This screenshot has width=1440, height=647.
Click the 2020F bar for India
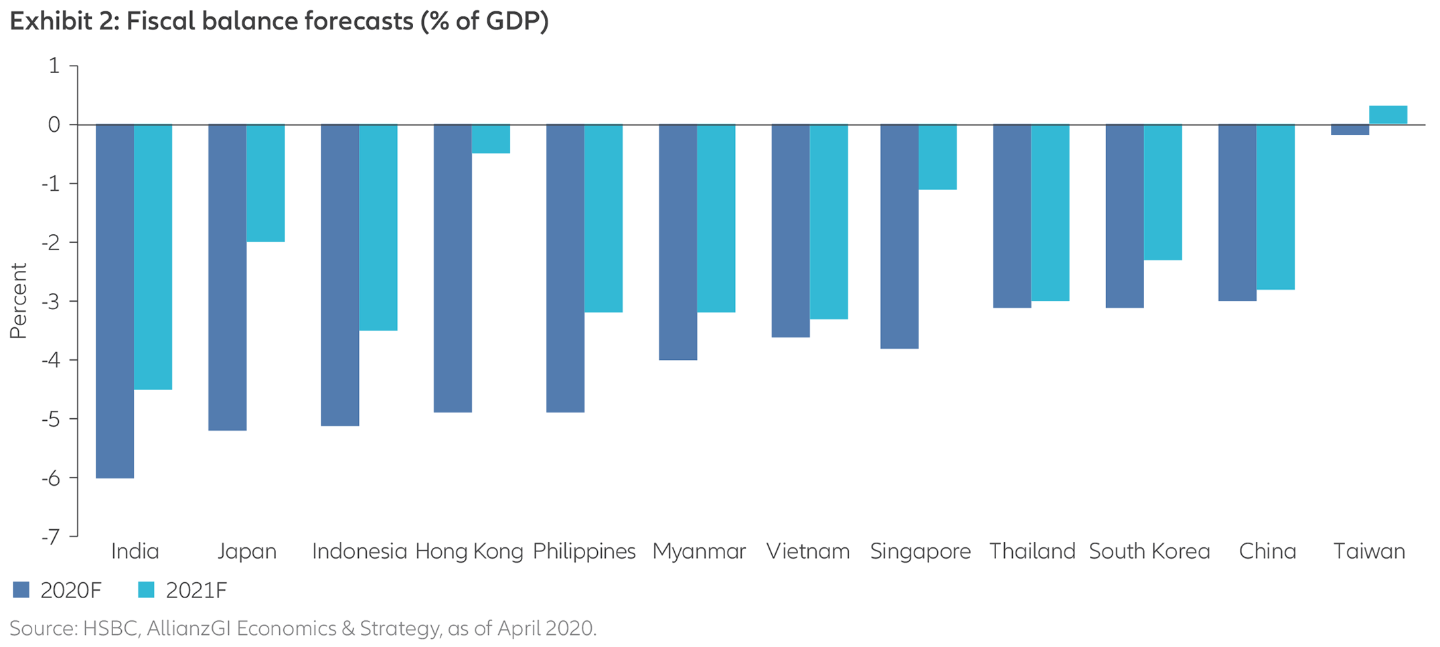(115, 301)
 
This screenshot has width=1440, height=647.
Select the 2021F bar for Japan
(266, 183)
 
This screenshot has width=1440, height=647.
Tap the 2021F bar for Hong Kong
(491, 139)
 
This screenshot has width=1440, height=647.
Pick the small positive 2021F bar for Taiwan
(1388, 115)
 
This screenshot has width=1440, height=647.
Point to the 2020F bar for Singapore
(899, 236)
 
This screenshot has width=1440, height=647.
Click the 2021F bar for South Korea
(1163, 192)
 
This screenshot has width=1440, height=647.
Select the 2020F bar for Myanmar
(678, 242)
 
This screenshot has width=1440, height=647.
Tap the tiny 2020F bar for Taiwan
(1350, 130)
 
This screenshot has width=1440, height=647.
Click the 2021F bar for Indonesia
(378, 227)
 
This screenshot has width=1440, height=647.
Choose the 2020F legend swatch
(21, 590)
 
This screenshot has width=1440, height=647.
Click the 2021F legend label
(196, 591)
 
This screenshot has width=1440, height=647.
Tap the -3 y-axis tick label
(51, 301)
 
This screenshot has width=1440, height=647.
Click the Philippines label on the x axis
(584, 551)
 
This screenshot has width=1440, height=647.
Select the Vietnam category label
(808, 551)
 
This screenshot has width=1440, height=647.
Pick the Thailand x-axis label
(1032, 551)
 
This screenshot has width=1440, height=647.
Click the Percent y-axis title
(18, 301)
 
